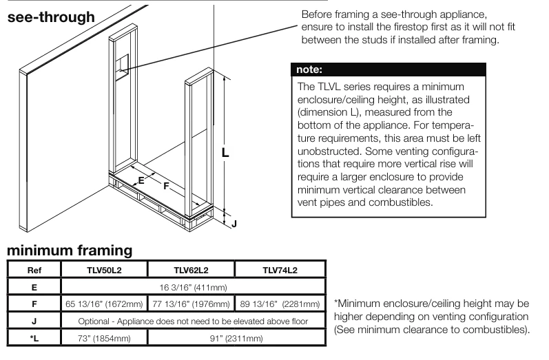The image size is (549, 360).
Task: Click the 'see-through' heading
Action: pos(51,17)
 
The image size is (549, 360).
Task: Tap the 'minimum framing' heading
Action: pos(70,250)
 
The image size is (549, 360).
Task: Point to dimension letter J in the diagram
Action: pos(234,223)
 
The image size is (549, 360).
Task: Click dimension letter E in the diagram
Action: pos(141,180)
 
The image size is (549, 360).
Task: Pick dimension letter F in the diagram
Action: pos(166,185)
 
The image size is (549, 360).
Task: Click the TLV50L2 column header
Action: pos(105,270)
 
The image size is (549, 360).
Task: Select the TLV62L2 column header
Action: pos(191,270)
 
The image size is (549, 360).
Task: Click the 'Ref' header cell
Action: pos(34,270)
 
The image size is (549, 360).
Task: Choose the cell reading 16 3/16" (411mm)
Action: pos(192,286)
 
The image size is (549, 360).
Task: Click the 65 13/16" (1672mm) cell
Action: pos(105,304)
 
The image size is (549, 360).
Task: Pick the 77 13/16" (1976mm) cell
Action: pos(191,304)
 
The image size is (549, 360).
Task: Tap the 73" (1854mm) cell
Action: pos(105,338)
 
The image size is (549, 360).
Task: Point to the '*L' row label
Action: pos(34,338)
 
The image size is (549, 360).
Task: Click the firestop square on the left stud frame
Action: pos(122,66)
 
